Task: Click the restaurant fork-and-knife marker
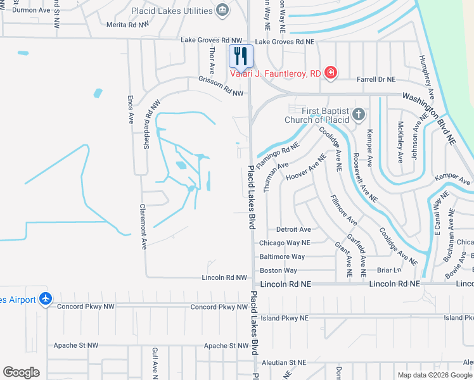(x=240, y=56)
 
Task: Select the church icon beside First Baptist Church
(x=359, y=115)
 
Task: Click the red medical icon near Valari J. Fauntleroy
(x=330, y=73)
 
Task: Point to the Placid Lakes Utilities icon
(x=222, y=10)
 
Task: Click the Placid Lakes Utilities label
(x=172, y=11)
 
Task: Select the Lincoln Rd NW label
(x=224, y=277)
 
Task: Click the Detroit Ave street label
(x=294, y=229)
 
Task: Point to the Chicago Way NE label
(x=285, y=243)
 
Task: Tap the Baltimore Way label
(x=282, y=256)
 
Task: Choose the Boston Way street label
(x=279, y=270)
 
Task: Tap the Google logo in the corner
(x=21, y=372)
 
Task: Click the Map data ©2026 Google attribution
(x=435, y=375)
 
